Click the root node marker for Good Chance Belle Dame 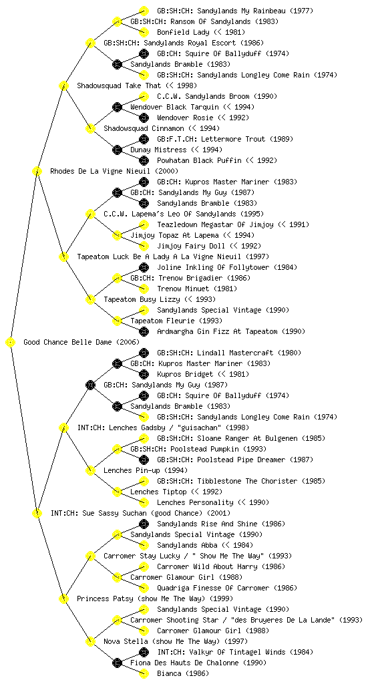click(11, 343)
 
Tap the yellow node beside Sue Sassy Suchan click(37, 514)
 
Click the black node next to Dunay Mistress click(117, 150)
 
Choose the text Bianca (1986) click(182, 673)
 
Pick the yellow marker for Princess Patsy click(63, 599)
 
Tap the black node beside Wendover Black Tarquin click(117, 108)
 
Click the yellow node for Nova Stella click(90, 642)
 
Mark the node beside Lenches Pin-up click(90, 471)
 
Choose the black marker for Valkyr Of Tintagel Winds click(144, 652)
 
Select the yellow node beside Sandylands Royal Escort click(90, 43)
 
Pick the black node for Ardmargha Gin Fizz click(144, 331)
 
